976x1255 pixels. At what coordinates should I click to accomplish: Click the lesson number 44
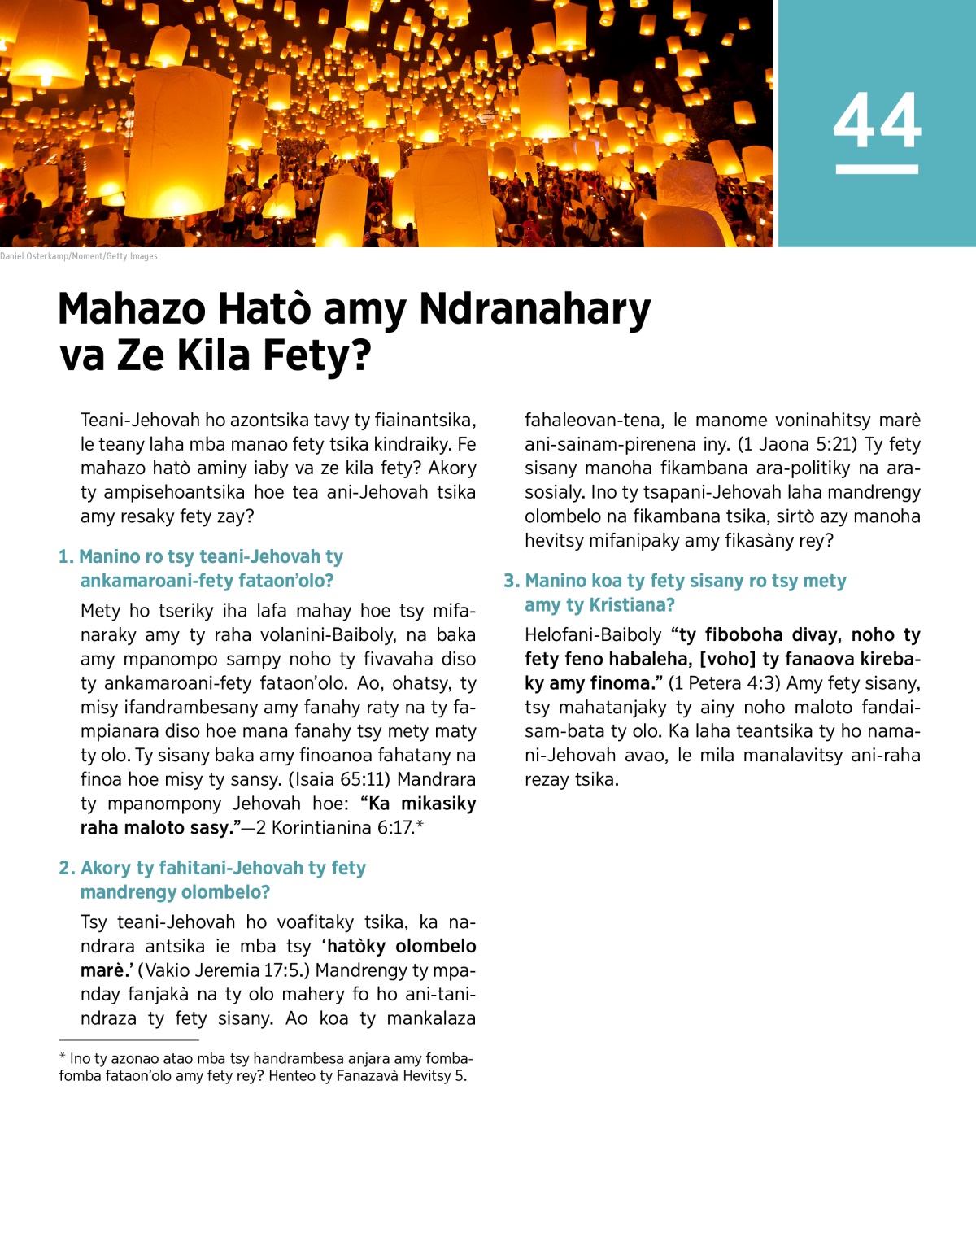coord(877,120)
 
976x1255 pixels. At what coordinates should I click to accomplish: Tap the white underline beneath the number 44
coord(877,169)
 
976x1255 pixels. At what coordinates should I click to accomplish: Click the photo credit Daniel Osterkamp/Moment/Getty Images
coord(79,256)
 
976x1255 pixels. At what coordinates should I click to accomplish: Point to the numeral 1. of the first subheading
coord(66,557)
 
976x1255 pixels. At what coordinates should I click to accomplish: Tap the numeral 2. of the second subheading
coord(67,869)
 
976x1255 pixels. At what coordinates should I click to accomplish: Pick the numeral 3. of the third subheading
coord(512,582)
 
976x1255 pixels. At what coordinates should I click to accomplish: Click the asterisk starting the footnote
coord(63,1057)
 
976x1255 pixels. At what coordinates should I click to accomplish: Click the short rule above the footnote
coord(129,1039)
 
